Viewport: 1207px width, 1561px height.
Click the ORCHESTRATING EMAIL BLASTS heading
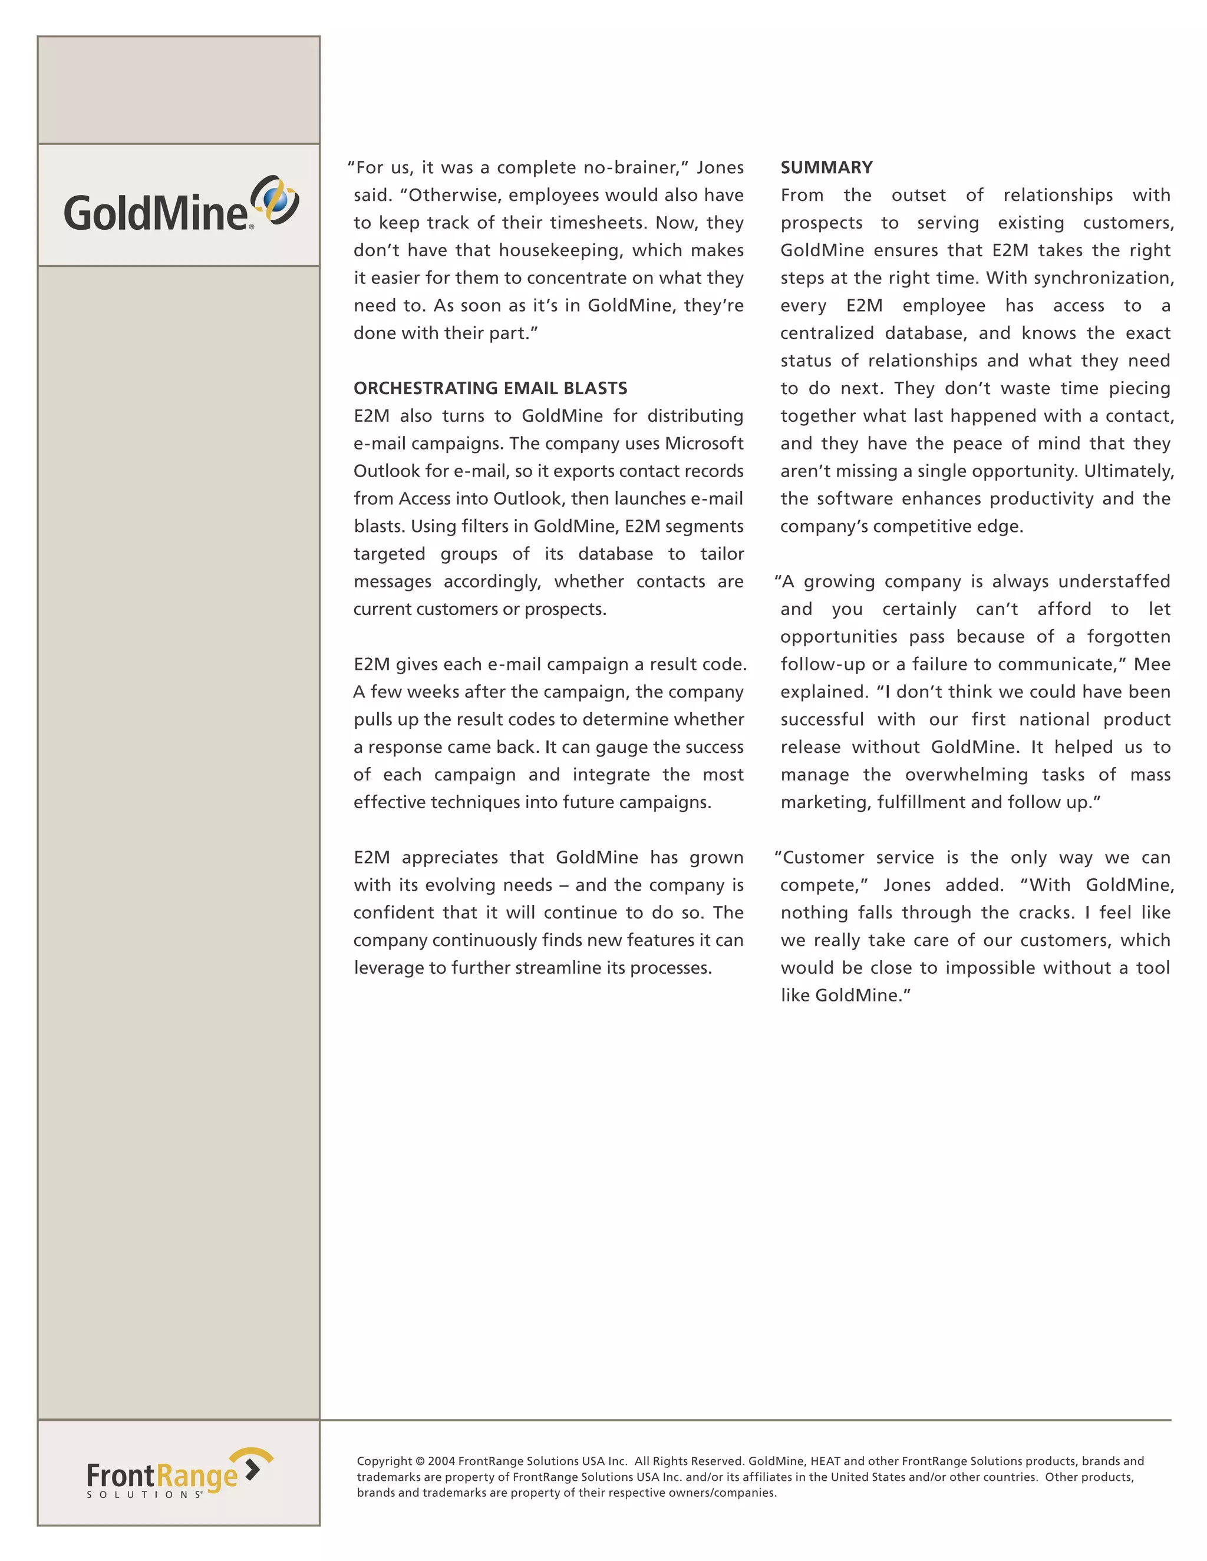[x=490, y=388]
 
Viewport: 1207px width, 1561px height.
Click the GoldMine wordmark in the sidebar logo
[x=156, y=214]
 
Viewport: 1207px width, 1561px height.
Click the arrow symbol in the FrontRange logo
[x=252, y=1469]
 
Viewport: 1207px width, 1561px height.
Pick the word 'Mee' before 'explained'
[x=1152, y=664]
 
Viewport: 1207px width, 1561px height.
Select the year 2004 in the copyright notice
[x=441, y=1461]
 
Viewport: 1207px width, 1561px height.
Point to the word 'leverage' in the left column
[x=388, y=968]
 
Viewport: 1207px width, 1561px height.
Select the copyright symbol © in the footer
[x=420, y=1461]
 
